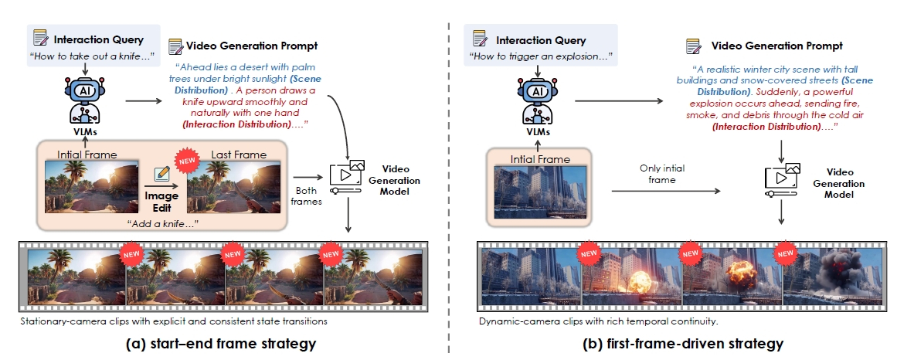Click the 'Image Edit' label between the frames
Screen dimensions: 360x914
161,201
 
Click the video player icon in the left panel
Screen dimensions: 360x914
348,178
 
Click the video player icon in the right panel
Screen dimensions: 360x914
781,178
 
